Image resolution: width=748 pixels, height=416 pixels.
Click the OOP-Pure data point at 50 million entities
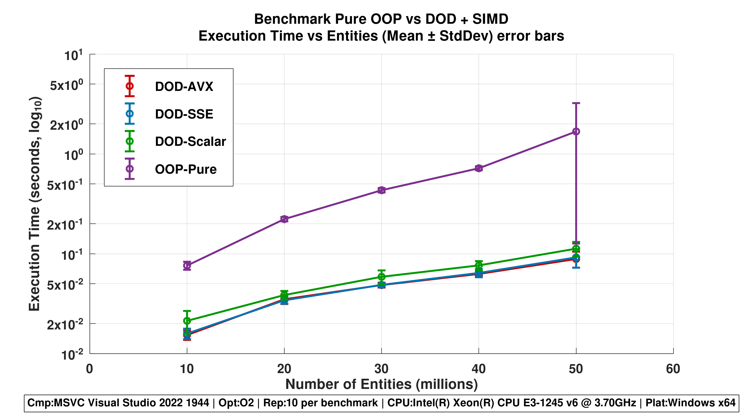[x=576, y=131]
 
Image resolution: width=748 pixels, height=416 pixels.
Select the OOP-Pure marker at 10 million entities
[x=187, y=265]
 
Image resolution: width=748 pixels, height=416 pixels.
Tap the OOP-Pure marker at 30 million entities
[x=382, y=190]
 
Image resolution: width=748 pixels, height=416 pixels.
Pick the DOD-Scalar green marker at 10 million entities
[x=187, y=320]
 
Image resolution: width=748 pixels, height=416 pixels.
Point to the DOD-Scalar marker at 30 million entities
[x=382, y=276]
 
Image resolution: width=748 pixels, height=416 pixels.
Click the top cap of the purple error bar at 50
[x=576, y=103]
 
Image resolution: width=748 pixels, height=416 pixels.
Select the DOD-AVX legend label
[x=184, y=87]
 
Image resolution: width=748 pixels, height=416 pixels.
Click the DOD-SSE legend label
[x=184, y=114]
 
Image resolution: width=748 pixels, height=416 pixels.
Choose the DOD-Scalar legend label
[x=190, y=141]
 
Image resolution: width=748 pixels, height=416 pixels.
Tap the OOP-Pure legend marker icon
[x=129, y=169]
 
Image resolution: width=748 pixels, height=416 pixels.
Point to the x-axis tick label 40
[x=479, y=369]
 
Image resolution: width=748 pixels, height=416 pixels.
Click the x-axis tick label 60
[x=673, y=369]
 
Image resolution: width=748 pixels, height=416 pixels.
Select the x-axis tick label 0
[x=89, y=369]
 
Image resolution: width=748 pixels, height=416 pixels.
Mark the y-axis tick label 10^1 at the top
[x=73, y=55]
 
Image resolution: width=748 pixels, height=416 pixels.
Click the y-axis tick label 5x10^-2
[x=65, y=285]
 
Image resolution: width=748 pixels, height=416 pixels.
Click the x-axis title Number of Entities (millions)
[x=381, y=384]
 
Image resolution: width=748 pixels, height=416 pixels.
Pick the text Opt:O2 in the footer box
[x=236, y=403]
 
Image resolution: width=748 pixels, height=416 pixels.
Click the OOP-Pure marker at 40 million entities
[x=479, y=168]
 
